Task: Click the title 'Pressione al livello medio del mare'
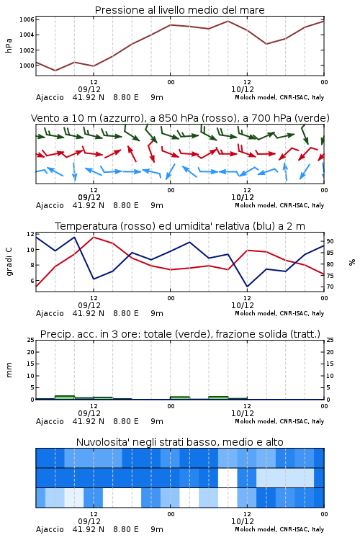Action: (x=179, y=10)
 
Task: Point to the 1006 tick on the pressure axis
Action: (x=27, y=19)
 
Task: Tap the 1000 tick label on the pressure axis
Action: (x=27, y=66)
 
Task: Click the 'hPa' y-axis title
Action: (x=9, y=45)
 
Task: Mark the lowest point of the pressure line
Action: (x=55, y=71)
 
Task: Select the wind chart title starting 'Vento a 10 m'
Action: (x=180, y=118)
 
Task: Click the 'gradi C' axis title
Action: (x=9, y=262)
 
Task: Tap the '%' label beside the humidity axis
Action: (x=352, y=262)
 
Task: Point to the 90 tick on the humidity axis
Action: (x=330, y=241)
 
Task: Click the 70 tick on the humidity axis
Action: (x=330, y=287)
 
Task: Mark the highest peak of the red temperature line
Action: (x=94, y=237)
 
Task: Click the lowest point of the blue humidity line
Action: (x=247, y=286)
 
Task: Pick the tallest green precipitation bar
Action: (x=65, y=397)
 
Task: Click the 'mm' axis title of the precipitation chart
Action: (x=9, y=370)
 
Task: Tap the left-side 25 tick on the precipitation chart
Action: (x=31, y=340)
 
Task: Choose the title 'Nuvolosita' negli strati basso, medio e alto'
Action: (x=179, y=442)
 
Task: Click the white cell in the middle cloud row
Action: (x=228, y=477)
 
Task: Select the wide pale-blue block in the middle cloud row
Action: (x=285, y=477)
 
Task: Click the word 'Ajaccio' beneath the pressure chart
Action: (x=50, y=97)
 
